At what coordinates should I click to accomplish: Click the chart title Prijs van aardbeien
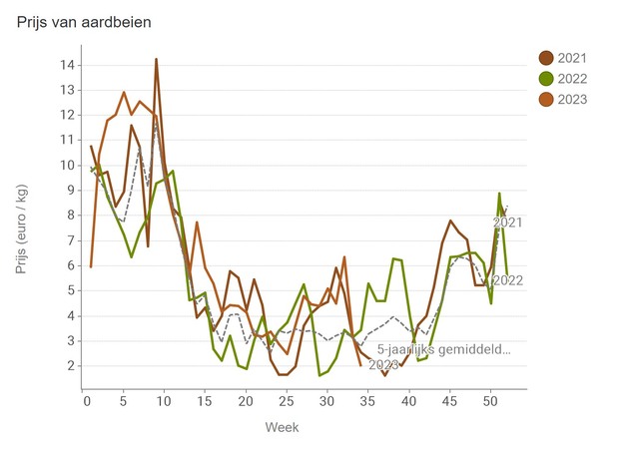click(x=85, y=21)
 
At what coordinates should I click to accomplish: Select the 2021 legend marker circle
click(x=546, y=57)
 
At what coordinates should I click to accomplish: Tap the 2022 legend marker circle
click(x=546, y=78)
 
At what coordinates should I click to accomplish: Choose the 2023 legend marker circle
click(x=546, y=99)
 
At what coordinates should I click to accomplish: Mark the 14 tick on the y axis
click(x=68, y=65)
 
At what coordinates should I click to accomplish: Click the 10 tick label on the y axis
click(x=68, y=166)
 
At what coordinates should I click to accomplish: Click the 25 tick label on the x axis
click(x=286, y=401)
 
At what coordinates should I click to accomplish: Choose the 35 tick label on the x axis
click(x=366, y=401)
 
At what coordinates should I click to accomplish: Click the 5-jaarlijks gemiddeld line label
click(x=443, y=349)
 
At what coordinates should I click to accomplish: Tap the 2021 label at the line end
click(x=507, y=223)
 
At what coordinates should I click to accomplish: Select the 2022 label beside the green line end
click(x=507, y=280)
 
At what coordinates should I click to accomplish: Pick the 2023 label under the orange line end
click(x=384, y=364)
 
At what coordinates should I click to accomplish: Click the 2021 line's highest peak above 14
click(x=156, y=59)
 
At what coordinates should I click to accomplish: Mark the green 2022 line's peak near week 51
click(x=499, y=194)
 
